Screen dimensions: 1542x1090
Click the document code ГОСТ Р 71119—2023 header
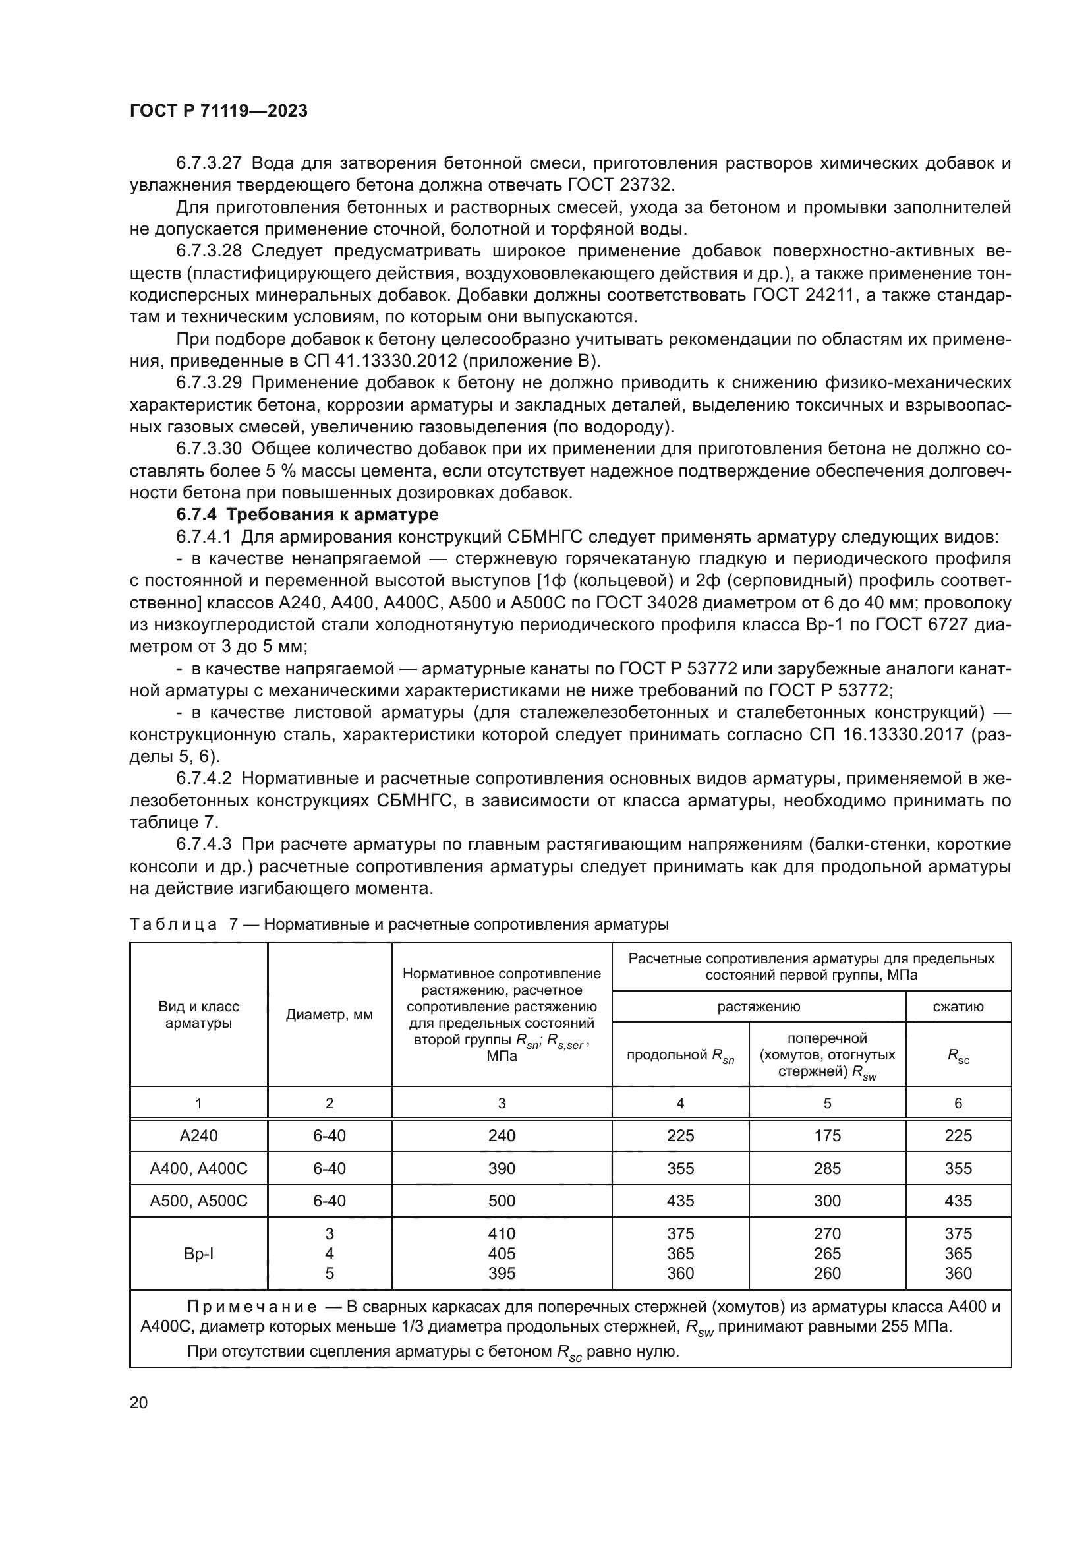coord(218,111)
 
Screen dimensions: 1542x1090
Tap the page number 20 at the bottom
coord(138,1402)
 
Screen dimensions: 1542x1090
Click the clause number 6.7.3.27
coord(208,163)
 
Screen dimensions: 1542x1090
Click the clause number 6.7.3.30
coord(208,449)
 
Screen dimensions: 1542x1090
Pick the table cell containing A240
coord(198,1135)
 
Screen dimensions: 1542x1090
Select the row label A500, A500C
coord(198,1200)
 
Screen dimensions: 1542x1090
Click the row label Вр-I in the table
coord(198,1253)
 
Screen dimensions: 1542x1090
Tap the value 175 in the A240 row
coord(827,1135)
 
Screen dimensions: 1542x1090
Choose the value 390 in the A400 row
coord(502,1168)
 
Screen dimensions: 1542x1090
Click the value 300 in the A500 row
coord(827,1200)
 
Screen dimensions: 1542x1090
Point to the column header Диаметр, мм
coord(329,1015)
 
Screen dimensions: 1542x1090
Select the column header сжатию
coord(958,1006)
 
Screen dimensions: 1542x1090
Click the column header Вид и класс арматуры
coord(198,1015)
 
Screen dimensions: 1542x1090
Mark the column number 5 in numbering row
coord(827,1103)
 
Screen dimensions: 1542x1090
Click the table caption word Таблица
coord(173,924)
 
